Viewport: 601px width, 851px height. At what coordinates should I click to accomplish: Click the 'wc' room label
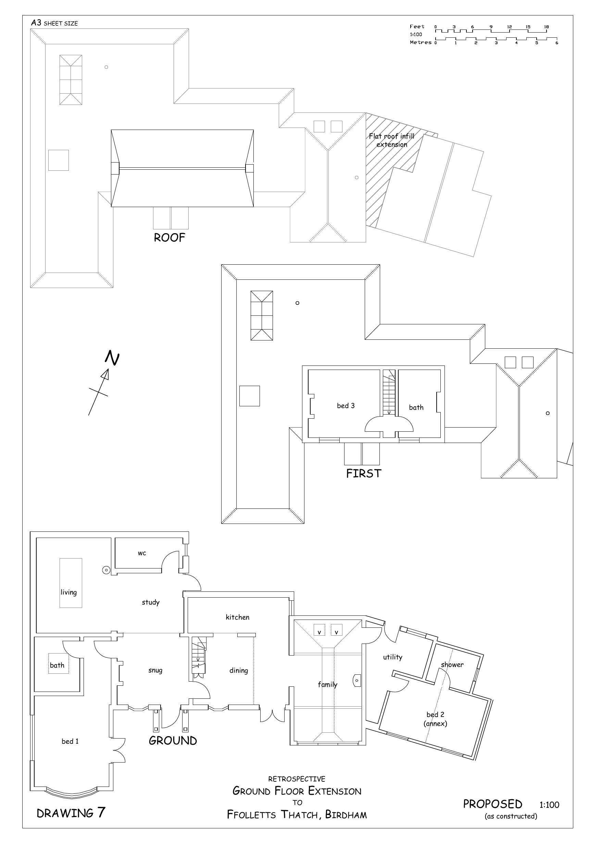[x=142, y=553]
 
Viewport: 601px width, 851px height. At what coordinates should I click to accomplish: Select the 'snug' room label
[x=155, y=671]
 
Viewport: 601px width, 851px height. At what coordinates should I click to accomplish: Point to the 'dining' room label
[x=238, y=671]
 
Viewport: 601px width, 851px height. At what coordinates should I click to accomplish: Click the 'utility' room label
[x=392, y=657]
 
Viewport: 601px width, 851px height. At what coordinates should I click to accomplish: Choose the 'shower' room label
[x=452, y=664]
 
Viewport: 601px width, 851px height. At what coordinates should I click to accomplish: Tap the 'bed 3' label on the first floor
[x=346, y=406]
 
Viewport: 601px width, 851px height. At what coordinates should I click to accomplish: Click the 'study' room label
[x=151, y=602]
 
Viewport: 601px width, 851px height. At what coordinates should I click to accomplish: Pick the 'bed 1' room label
[x=70, y=741]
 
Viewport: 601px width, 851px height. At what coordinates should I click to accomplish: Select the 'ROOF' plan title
[x=169, y=238]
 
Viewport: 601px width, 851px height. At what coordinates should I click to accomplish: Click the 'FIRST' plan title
[x=363, y=474]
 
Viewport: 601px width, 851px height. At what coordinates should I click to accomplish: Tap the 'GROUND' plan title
[x=173, y=741]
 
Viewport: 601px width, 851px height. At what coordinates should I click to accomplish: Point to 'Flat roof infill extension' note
[x=391, y=141]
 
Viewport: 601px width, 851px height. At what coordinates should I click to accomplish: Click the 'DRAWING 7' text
[x=71, y=813]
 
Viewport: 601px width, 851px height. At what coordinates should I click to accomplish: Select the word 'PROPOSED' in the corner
[x=492, y=804]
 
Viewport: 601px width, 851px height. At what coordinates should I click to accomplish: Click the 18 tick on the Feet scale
[x=547, y=27]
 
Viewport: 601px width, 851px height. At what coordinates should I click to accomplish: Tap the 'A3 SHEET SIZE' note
[x=54, y=23]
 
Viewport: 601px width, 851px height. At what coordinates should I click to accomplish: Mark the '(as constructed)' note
[x=511, y=816]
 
